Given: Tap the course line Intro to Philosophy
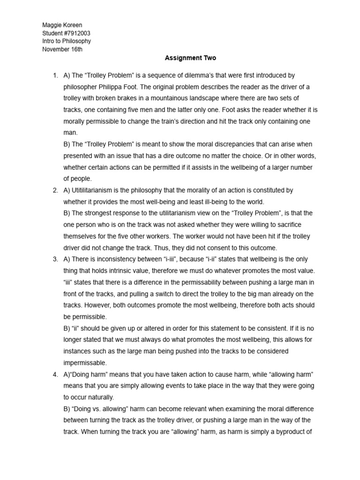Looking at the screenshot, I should click(66, 41).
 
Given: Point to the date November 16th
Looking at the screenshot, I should click(62, 50).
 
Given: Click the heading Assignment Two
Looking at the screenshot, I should click(190, 58).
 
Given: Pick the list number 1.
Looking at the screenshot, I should click(55, 75).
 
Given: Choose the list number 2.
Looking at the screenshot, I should click(55, 190).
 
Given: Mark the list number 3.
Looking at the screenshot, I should click(55, 259).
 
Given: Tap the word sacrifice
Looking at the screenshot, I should click(295, 225).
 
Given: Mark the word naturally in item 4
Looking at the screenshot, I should click(99, 397).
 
